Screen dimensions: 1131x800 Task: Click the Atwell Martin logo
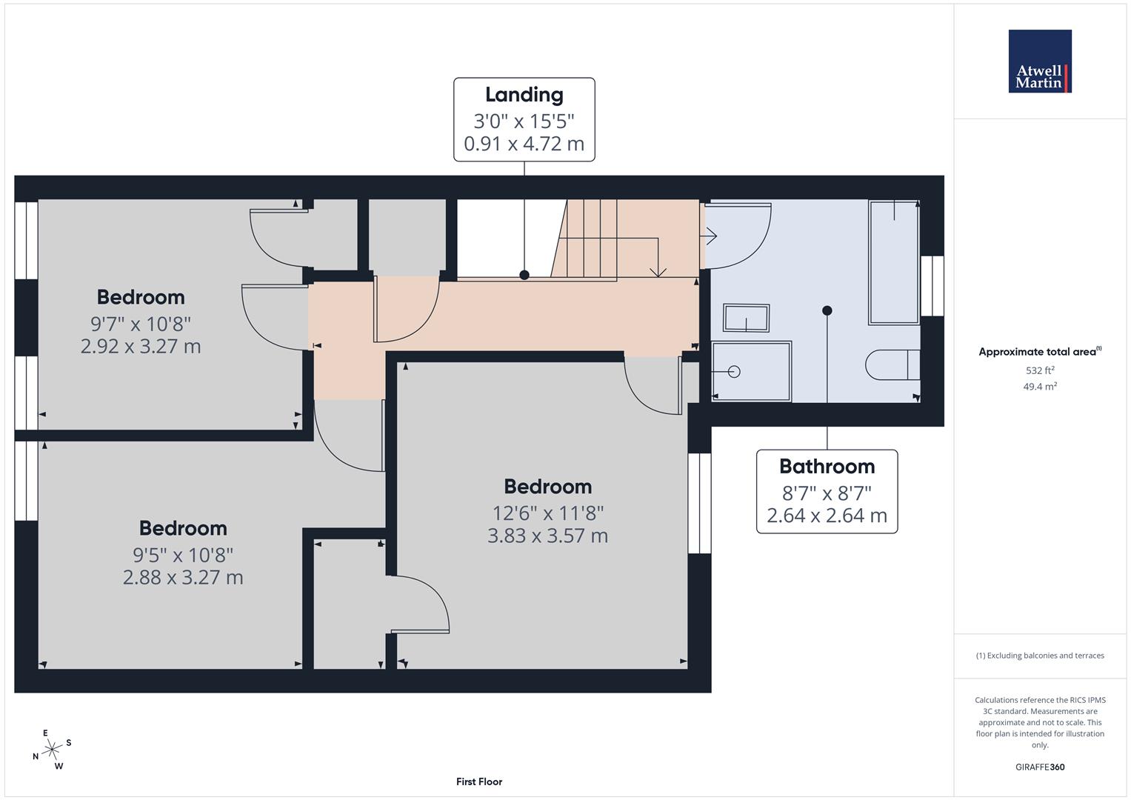click(1040, 61)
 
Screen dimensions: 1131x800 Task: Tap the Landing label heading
click(524, 95)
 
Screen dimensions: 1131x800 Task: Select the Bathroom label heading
click(827, 466)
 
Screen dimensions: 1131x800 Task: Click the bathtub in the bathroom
click(894, 262)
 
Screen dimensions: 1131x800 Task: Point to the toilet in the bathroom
click(893, 364)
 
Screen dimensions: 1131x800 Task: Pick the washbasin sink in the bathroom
click(747, 318)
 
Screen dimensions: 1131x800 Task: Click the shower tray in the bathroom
click(751, 371)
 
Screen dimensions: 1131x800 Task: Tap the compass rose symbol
click(52, 749)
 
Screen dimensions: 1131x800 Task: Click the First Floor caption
click(479, 781)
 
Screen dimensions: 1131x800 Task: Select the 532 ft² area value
click(1040, 370)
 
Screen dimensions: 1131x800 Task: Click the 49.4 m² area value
click(1040, 387)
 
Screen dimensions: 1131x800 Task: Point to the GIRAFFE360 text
click(1040, 767)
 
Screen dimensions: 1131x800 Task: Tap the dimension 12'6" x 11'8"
click(548, 513)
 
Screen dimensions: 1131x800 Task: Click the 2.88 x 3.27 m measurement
click(183, 577)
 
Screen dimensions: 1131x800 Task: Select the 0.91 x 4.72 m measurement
click(524, 144)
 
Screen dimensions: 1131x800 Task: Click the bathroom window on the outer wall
click(932, 286)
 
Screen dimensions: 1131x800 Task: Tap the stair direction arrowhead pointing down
click(658, 273)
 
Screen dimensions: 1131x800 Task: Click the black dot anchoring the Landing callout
click(524, 275)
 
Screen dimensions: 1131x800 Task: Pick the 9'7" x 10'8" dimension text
click(141, 324)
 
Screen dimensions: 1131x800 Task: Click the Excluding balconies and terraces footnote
click(1040, 656)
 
